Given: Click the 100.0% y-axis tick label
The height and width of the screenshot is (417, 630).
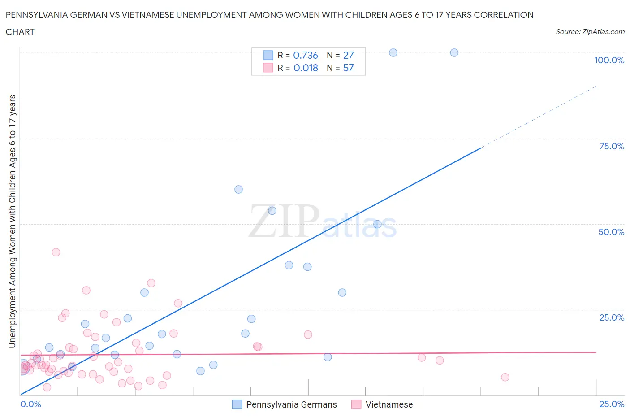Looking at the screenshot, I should (609, 60).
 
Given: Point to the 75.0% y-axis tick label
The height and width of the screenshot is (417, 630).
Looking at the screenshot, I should (612, 146).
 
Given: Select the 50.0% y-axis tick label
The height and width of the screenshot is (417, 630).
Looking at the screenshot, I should (611, 232).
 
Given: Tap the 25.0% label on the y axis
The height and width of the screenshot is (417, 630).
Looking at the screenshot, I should (612, 317).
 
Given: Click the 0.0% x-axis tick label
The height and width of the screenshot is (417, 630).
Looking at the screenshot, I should (30, 404).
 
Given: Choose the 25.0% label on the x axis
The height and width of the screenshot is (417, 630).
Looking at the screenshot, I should (612, 404).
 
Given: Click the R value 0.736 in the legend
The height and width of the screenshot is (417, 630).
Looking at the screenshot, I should (305, 55).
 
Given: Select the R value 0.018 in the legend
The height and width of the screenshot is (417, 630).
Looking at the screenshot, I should (306, 68).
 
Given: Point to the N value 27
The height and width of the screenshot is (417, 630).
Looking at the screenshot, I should (348, 55).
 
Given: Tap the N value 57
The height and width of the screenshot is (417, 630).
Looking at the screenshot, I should (348, 68).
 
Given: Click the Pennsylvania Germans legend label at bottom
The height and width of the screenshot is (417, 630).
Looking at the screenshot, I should (291, 404).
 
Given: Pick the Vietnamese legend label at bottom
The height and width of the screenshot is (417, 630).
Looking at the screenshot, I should (389, 404).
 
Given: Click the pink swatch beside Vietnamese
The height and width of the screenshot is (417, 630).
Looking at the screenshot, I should (356, 404).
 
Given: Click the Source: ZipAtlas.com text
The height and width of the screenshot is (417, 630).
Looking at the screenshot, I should (590, 32).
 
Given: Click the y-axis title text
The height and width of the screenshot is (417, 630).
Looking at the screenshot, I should (13, 221).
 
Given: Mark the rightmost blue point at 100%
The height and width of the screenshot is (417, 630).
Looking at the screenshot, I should (454, 52).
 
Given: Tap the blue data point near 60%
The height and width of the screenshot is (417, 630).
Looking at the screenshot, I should (238, 189).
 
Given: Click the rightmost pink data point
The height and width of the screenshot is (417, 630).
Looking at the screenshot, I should (505, 377).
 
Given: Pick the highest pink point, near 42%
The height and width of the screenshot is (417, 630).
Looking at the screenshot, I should (56, 252).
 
